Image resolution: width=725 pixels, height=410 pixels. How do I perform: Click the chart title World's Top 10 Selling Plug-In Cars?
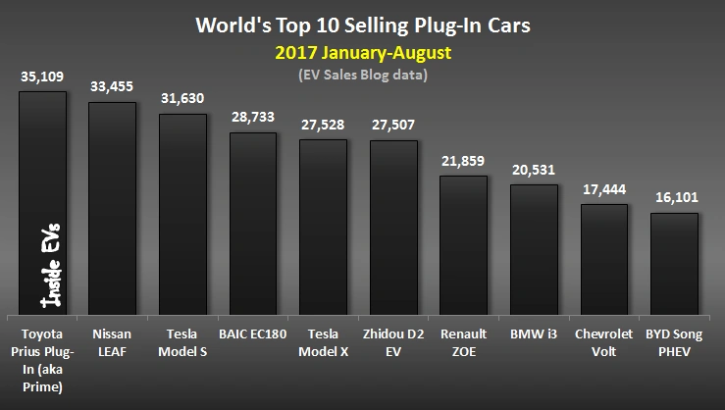pyautogui.click(x=362, y=24)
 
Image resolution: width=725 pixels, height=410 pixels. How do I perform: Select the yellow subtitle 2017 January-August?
pyautogui.click(x=363, y=50)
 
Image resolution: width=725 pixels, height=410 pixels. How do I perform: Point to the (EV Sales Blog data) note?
pyautogui.click(x=363, y=74)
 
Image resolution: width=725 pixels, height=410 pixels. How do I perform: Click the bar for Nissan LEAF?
pyautogui.click(x=113, y=207)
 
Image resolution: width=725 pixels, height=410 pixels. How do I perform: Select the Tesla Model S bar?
pyautogui.click(x=182, y=214)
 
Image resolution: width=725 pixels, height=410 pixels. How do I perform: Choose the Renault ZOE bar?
pyautogui.click(x=463, y=244)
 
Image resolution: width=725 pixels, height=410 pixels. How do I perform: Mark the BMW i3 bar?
pyautogui.click(x=534, y=248)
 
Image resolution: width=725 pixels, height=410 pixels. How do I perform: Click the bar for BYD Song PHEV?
pyautogui.click(x=674, y=262)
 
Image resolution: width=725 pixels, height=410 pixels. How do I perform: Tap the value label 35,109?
pyautogui.click(x=42, y=76)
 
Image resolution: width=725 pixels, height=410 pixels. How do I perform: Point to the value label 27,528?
pyautogui.click(x=323, y=125)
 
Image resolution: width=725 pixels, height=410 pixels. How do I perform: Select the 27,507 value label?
pyautogui.click(x=392, y=125)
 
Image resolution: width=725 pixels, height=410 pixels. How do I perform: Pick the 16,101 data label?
pyautogui.click(x=674, y=197)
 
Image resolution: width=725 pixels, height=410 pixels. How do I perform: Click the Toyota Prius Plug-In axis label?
pyautogui.click(x=42, y=353)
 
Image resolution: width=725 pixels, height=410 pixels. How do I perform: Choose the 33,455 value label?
pyautogui.click(x=113, y=85)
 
